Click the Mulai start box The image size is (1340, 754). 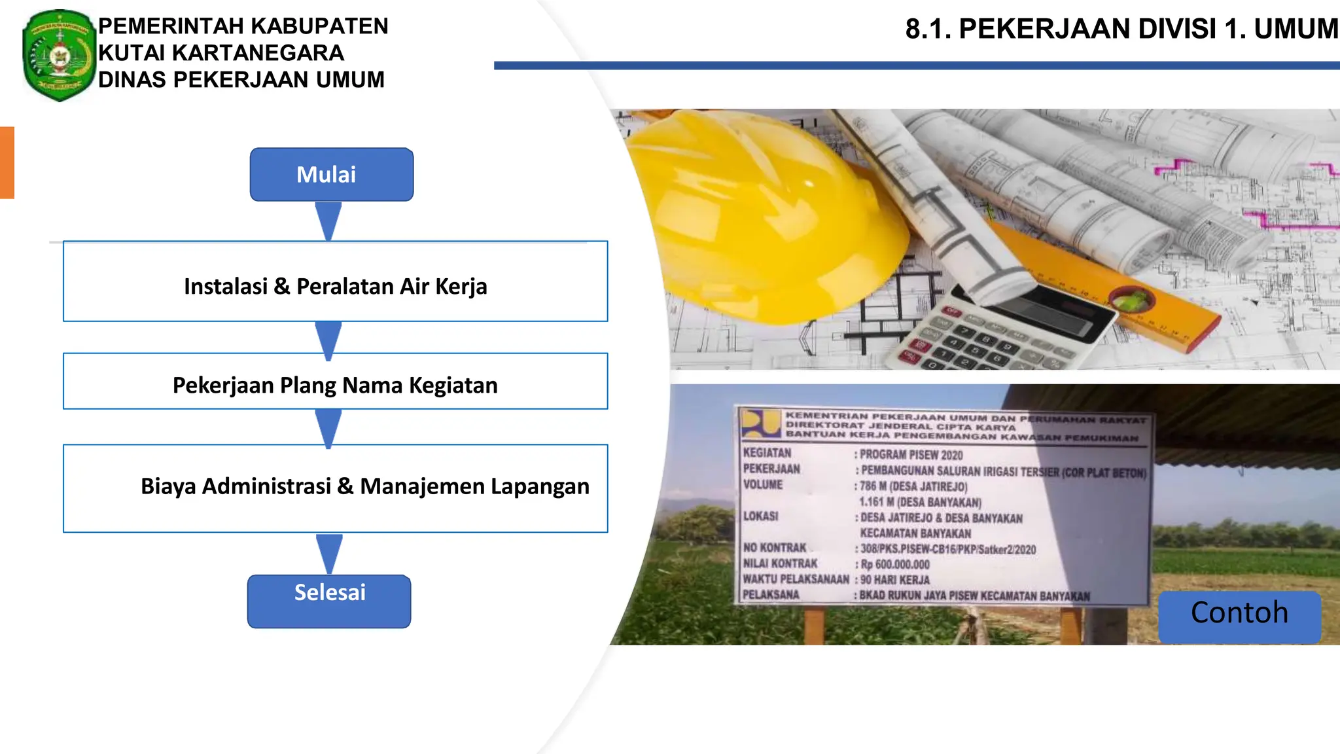pyautogui.click(x=331, y=174)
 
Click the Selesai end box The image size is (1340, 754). pyautogui.click(x=329, y=601)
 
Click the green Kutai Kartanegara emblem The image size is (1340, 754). pyautogui.click(x=59, y=56)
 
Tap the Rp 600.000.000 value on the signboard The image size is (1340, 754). pyautogui.click(x=895, y=564)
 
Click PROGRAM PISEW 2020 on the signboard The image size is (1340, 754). pyautogui.click(x=911, y=455)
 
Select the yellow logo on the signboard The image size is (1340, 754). pyautogui.click(x=760, y=423)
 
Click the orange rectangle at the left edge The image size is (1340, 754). pyautogui.click(x=7, y=162)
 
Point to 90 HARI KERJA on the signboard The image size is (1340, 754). pyautogui.click(x=894, y=580)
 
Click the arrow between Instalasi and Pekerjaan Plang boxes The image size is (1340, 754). pyautogui.click(x=328, y=339)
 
